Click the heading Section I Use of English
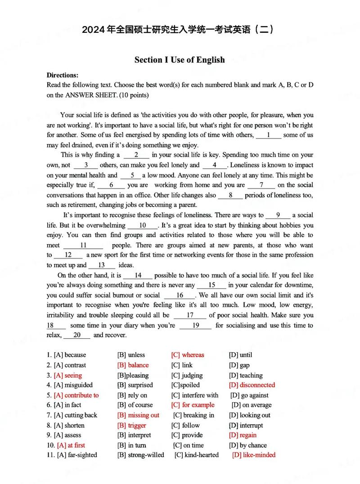click(x=180, y=60)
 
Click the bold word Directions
click(x=63, y=75)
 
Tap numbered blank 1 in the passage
click(x=268, y=135)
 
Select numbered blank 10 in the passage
click(x=143, y=225)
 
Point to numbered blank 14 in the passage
click(x=138, y=275)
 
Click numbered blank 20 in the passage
click(x=76, y=335)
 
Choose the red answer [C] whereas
click(x=187, y=355)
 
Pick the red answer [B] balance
click(x=133, y=365)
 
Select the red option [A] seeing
click(x=67, y=375)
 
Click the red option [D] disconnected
click(x=252, y=385)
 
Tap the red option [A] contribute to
click(x=76, y=395)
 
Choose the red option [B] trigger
click(x=131, y=425)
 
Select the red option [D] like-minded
click(x=253, y=455)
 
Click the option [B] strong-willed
click(x=140, y=455)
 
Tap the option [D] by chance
click(x=247, y=445)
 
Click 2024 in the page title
click(x=94, y=30)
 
